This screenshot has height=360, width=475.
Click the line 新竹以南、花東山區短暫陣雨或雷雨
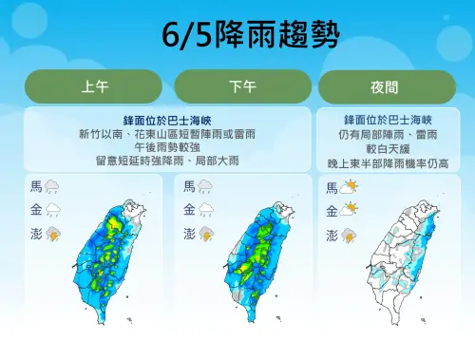(x=166, y=134)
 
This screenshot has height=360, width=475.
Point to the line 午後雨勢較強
(x=166, y=147)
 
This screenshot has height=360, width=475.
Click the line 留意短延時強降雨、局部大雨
(x=166, y=161)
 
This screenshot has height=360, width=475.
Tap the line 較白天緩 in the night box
(x=388, y=149)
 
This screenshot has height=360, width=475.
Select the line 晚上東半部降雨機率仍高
(x=388, y=163)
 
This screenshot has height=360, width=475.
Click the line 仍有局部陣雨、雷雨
(x=388, y=135)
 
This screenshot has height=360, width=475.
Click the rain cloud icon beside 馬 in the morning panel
(x=52, y=187)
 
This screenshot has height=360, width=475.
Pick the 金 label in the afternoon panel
(x=189, y=210)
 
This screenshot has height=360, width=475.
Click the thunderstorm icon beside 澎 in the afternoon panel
(x=205, y=234)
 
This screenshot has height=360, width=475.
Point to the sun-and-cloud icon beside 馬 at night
(x=349, y=187)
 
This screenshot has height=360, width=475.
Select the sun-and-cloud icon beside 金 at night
(x=349, y=210)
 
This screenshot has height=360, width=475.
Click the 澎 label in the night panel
(x=332, y=234)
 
